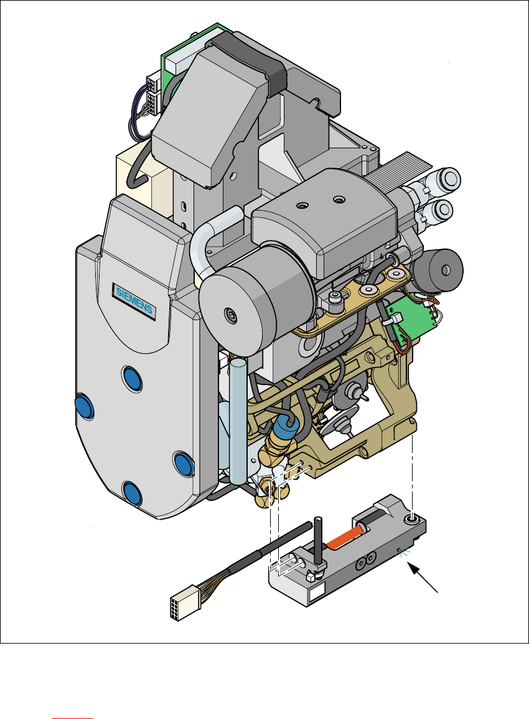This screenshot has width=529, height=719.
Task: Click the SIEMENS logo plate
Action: (134, 300)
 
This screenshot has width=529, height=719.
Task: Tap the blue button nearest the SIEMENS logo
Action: (133, 378)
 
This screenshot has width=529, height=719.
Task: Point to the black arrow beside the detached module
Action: (423, 578)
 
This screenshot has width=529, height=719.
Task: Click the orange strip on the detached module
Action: (345, 537)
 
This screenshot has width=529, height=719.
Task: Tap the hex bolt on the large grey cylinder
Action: (230, 315)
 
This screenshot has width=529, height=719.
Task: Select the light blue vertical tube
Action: (238, 421)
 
